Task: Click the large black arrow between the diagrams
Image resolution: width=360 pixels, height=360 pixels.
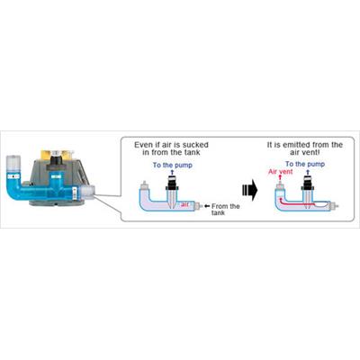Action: (249, 190)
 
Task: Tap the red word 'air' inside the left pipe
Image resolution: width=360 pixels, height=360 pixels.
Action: (184, 204)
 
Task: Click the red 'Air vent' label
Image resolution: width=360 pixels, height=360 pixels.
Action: (281, 172)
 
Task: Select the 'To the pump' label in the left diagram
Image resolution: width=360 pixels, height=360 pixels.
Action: (173, 165)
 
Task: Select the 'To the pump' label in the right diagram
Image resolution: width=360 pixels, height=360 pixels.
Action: (305, 164)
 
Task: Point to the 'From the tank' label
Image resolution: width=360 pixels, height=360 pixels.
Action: (226, 210)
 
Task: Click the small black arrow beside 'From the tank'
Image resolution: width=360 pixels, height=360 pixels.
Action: (207, 206)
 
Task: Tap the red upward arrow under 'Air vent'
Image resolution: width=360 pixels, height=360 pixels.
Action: (280, 178)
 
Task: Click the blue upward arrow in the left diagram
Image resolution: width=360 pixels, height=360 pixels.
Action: (172, 172)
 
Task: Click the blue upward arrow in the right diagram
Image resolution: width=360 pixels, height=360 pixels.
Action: (307, 172)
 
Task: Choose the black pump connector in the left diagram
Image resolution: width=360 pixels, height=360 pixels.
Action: (172, 183)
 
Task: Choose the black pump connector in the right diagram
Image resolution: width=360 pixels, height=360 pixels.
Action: (307, 183)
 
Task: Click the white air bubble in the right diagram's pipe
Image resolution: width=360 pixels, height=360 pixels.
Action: (321, 205)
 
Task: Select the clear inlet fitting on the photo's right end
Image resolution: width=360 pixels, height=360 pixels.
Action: (86, 193)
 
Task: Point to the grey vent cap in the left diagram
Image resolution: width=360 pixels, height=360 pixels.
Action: (144, 184)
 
